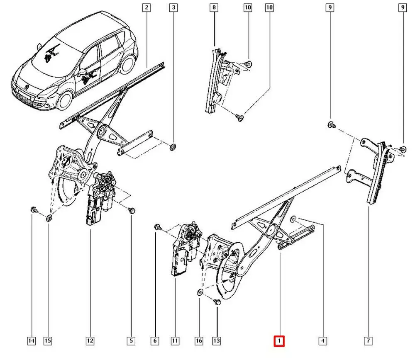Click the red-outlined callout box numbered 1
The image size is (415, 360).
[279, 341]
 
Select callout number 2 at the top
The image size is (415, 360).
[146, 7]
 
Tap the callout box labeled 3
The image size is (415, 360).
[173, 7]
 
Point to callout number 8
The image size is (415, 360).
[214, 7]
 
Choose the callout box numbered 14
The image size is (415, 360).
[31, 341]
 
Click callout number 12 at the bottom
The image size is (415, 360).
[90, 341]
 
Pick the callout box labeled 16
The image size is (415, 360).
[199, 341]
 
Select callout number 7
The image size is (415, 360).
[368, 341]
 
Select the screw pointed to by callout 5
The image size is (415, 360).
[132, 210]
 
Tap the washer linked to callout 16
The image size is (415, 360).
[199, 293]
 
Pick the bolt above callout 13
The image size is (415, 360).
[217, 302]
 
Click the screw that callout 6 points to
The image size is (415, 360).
[157, 227]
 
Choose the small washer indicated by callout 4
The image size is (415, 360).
[293, 218]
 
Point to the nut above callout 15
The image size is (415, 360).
[49, 218]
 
